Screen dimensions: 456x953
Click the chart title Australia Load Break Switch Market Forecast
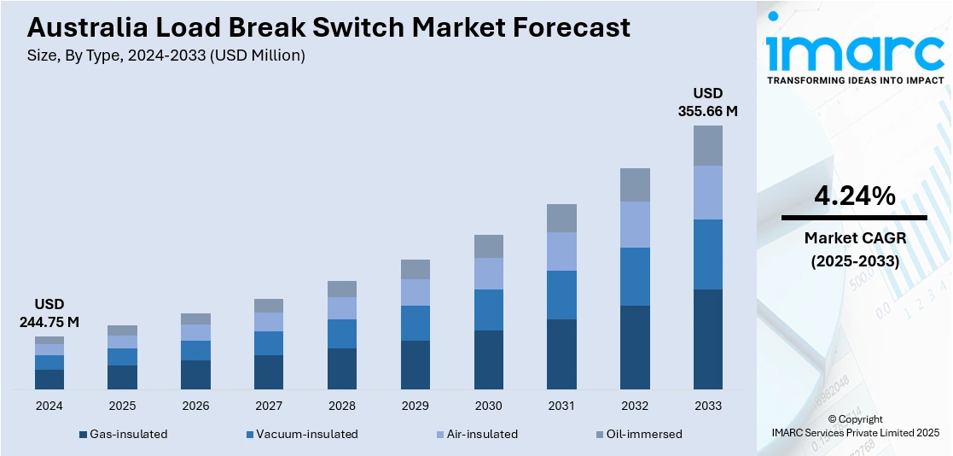tap(328, 27)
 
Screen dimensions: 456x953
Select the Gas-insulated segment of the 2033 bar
tap(707, 339)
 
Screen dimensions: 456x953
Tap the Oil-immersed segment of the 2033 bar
tap(707, 145)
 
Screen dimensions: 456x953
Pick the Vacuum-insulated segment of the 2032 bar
tap(635, 277)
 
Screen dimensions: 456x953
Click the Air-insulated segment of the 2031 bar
tap(561, 251)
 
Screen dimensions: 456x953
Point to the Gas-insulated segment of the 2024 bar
tap(49, 380)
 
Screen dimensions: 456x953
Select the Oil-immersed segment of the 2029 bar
tap(415, 269)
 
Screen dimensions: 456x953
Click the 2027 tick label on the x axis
tap(269, 406)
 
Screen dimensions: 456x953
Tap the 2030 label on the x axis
tap(488, 406)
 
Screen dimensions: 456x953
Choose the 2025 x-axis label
tap(122, 406)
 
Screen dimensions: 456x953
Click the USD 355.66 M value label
tap(707, 102)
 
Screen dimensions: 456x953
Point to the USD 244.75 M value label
tap(49, 313)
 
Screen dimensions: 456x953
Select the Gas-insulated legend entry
tap(123, 434)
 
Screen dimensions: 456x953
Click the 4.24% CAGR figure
tap(854, 196)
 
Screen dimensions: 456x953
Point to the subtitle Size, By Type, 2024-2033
tap(166, 56)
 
